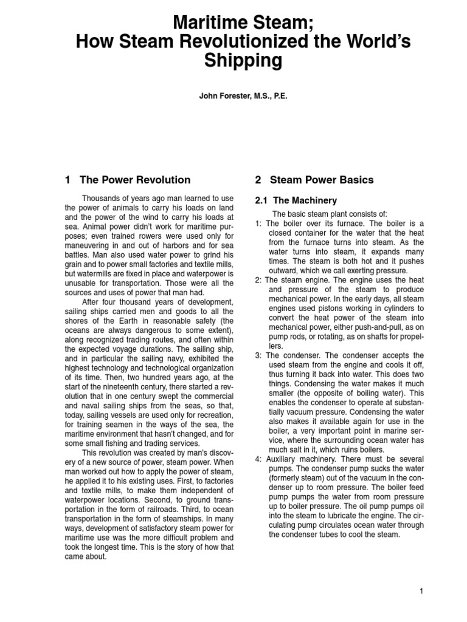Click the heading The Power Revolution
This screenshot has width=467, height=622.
click(135, 180)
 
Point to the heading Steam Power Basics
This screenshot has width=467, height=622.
click(322, 180)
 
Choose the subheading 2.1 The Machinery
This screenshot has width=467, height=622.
click(296, 200)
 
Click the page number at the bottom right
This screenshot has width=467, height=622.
click(421, 590)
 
